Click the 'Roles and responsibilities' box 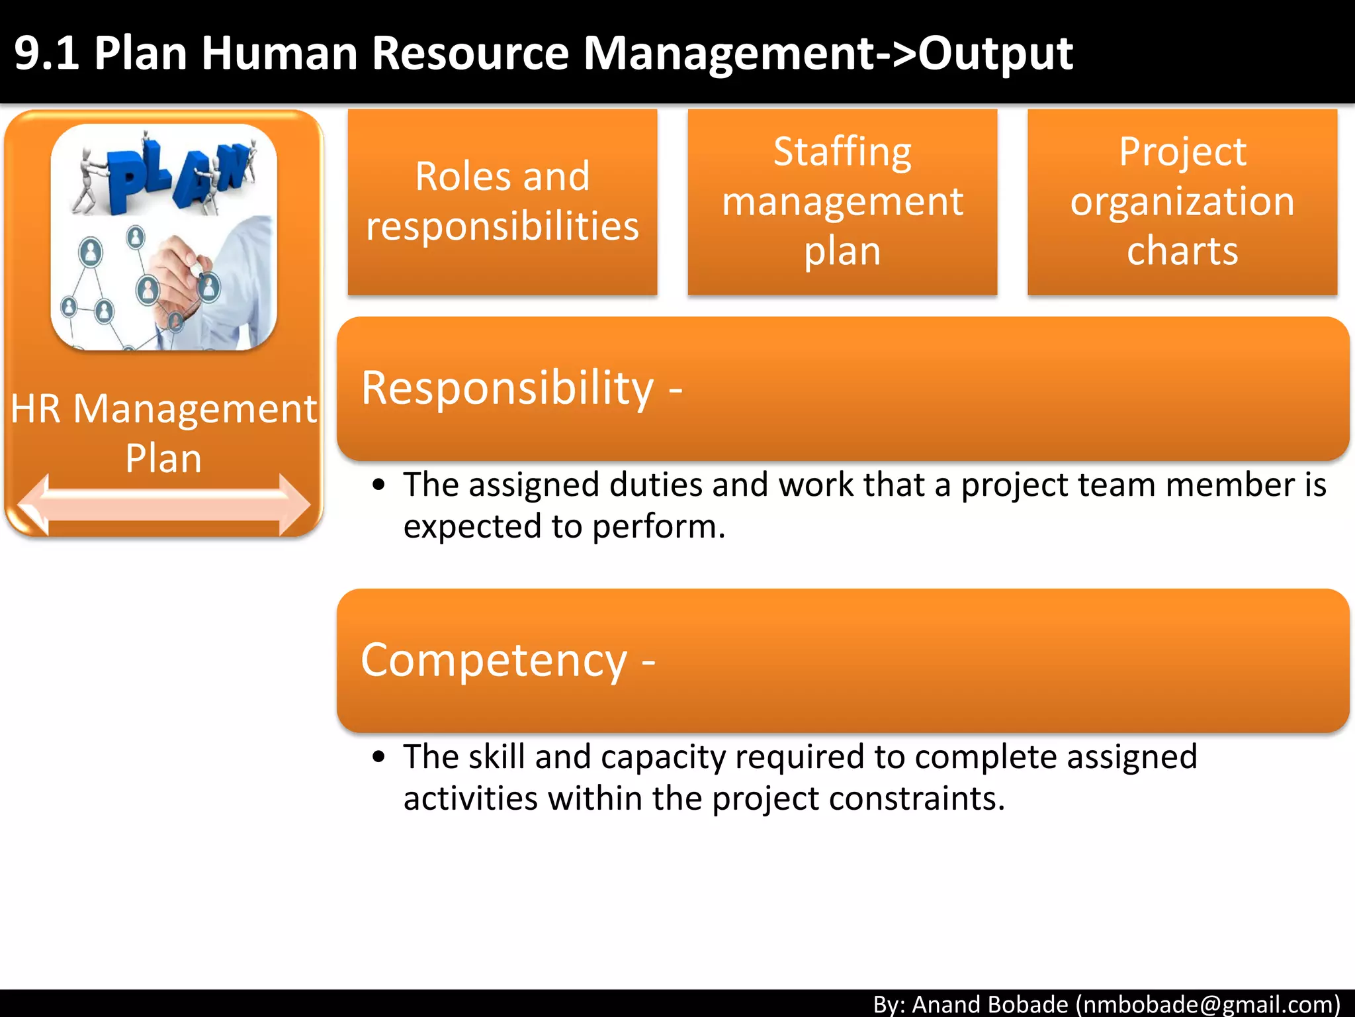(x=502, y=201)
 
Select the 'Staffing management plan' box (x=842, y=201)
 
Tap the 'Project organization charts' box (x=1182, y=201)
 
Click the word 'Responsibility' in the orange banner (x=507, y=388)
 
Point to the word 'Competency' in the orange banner (x=494, y=660)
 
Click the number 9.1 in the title (x=46, y=53)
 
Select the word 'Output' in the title (x=995, y=53)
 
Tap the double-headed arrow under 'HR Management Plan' (x=163, y=505)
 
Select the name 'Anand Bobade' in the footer (x=990, y=1004)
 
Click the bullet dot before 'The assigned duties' (x=378, y=485)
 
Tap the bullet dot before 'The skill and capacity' (x=378, y=757)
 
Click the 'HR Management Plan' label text (x=163, y=433)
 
